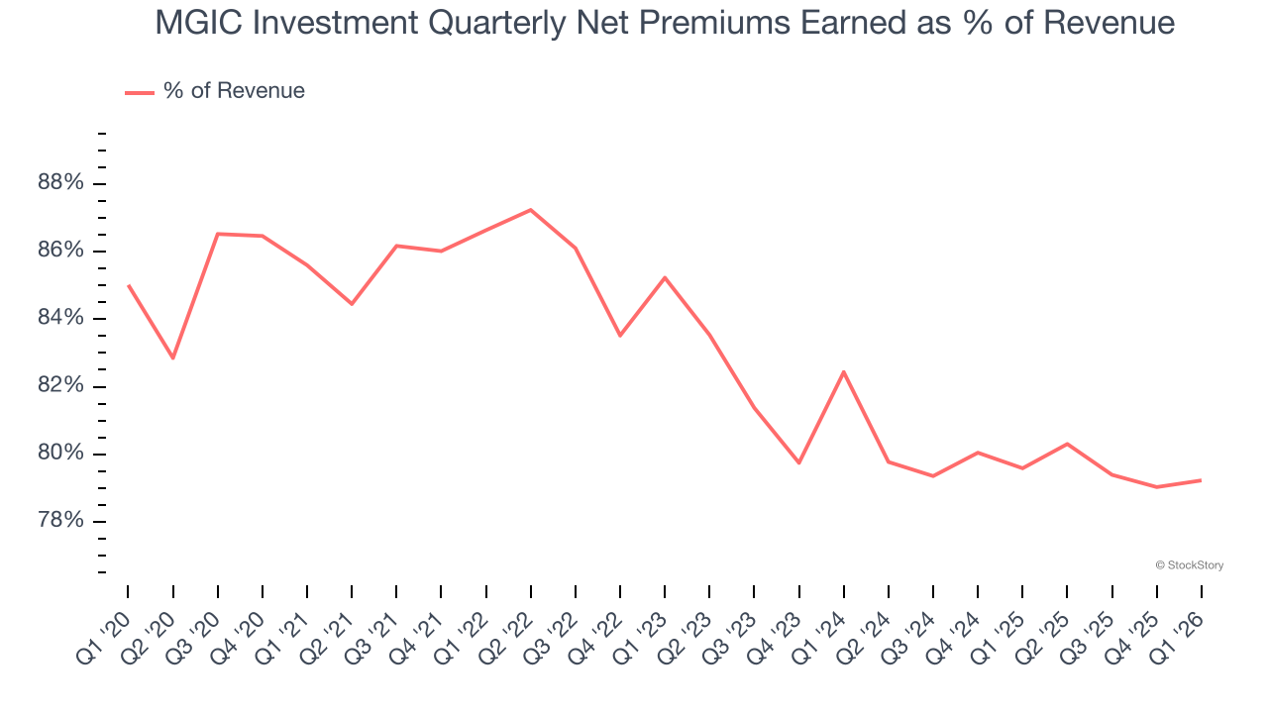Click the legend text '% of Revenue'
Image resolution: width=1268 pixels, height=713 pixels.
tap(234, 91)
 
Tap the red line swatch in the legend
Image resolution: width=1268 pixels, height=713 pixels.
tap(140, 92)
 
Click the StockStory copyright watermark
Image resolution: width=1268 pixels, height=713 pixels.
tap(1189, 565)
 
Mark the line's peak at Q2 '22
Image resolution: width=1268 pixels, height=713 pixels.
tap(531, 210)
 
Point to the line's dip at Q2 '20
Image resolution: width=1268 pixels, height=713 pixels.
tap(173, 357)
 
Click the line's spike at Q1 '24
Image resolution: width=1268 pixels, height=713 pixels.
tap(843, 371)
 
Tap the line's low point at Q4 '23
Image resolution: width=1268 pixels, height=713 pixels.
tap(798, 462)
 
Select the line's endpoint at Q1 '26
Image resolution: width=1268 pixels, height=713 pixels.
tap(1201, 480)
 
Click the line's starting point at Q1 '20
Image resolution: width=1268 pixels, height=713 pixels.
tap(129, 285)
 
